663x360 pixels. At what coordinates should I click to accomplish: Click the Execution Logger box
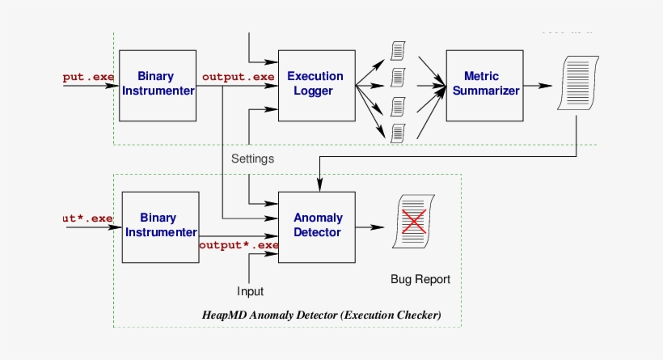coord(317,84)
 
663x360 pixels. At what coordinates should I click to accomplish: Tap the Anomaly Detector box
coord(317,226)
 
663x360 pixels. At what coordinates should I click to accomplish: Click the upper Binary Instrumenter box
coord(159,84)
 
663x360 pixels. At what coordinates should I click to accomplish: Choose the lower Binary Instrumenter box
coord(159,226)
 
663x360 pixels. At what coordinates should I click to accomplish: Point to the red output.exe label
coord(239,77)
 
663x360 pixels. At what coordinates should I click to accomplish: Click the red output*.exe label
coord(239,244)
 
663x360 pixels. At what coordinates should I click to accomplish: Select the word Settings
coord(252,159)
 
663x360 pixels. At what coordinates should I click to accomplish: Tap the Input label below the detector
coord(250,290)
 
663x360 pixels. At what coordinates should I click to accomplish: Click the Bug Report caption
coord(420,280)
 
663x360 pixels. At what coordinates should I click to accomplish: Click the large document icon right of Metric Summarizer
coord(577,83)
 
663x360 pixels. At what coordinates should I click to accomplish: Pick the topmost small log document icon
coord(397,50)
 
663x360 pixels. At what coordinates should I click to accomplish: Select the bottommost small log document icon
coord(397,131)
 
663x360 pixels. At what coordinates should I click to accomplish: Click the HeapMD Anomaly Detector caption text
coord(321,315)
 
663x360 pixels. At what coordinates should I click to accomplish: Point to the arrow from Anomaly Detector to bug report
coord(370,227)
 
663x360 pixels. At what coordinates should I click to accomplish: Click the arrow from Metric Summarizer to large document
coord(538,85)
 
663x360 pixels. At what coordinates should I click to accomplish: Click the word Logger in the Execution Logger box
coord(316,91)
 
